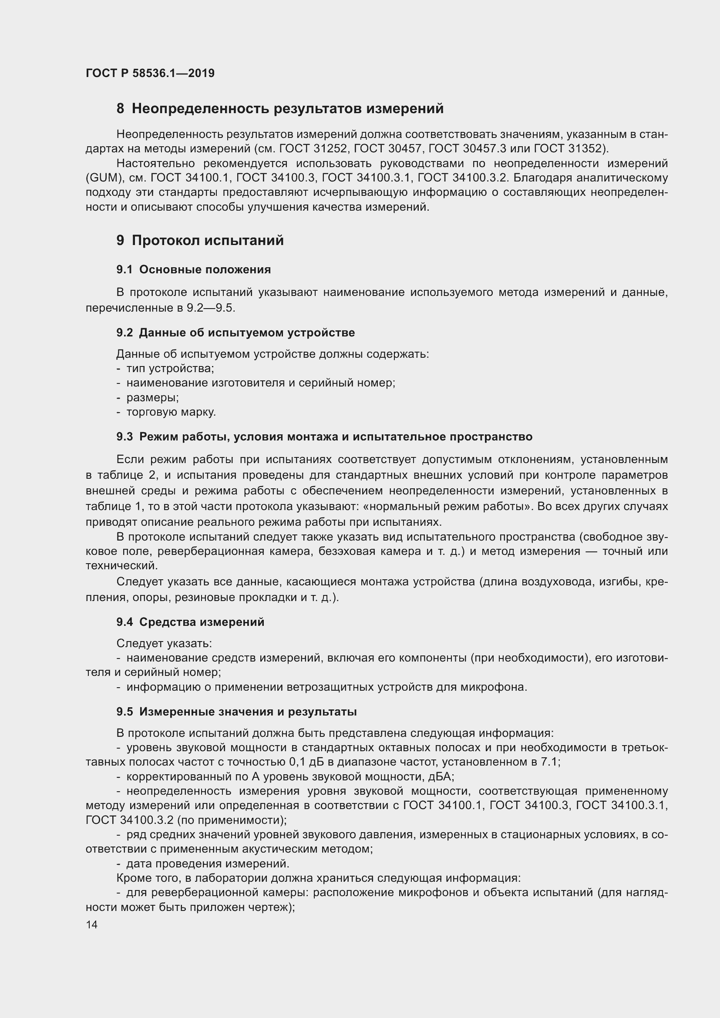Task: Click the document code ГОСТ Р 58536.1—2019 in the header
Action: tap(150, 73)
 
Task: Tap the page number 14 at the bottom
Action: tap(92, 924)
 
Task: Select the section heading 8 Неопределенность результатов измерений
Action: tap(280, 109)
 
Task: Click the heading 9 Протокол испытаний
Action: tap(200, 240)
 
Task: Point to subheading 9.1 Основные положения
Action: tap(193, 269)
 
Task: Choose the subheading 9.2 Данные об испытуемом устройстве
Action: tap(236, 333)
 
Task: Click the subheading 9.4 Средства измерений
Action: tap(190, 622)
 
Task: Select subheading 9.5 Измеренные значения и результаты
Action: tap(236, 712)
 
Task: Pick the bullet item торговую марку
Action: tap(171, 412)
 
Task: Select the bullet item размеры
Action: tap(152, 397)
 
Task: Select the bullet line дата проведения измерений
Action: tap(208, 863)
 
